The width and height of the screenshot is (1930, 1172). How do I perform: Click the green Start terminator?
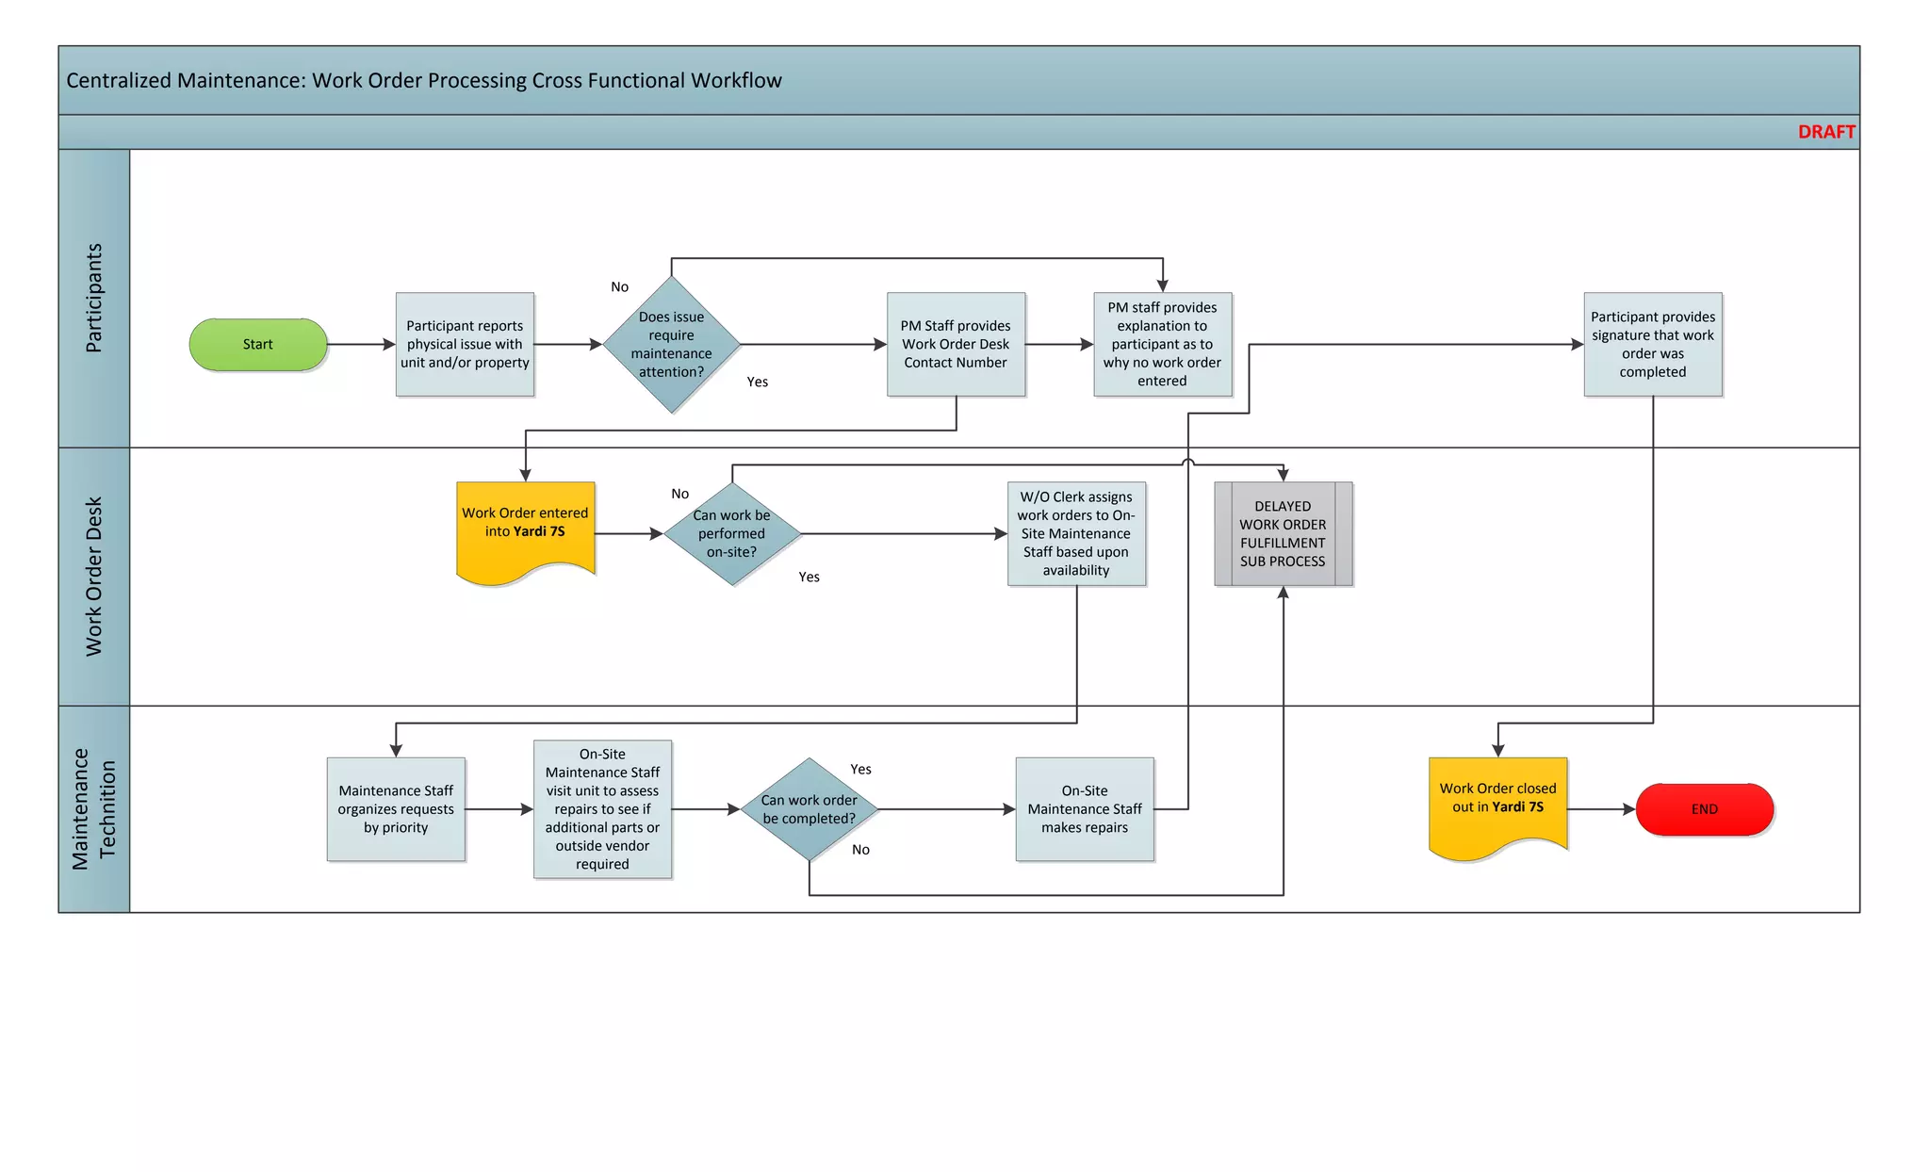258,345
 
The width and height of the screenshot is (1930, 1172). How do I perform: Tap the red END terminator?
1704,809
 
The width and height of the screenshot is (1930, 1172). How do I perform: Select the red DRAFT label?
1825,132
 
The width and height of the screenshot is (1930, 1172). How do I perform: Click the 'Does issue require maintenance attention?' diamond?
671,345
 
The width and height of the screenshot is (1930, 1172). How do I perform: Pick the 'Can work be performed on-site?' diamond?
732,534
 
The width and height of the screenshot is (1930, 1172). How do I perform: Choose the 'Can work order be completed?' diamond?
809,809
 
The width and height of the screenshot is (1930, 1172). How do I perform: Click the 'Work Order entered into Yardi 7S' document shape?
525,528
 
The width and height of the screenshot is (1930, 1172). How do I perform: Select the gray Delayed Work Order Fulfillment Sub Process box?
1283,534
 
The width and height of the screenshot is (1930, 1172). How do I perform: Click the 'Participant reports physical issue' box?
465,345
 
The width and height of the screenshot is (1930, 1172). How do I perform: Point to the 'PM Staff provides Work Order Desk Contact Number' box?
956,345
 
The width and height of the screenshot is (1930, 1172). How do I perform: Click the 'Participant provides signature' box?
1652,345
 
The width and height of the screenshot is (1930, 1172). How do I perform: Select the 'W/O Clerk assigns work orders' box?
1076,534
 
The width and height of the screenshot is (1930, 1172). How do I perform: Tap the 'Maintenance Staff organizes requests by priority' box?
396,809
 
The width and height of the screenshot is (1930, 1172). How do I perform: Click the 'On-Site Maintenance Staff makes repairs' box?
1084,809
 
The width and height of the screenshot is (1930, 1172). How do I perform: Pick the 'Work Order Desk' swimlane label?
93,577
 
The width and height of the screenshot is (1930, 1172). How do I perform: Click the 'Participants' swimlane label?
93,298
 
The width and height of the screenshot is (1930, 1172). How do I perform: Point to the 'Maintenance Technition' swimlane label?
93,809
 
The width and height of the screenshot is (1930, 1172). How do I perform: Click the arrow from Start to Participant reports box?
361,345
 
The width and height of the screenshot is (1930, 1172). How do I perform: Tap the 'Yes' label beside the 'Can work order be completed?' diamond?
860,770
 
